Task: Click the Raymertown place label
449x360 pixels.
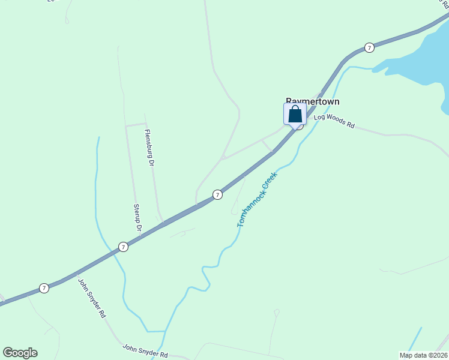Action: pyautogui.click(x=312, y=101)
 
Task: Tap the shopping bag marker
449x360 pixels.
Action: pyautogui.click(x=295, y=114)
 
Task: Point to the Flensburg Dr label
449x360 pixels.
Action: pyautogui.click(x=149, y=148)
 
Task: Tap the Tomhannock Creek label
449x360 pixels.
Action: pyautogui.click(x=257, y=199)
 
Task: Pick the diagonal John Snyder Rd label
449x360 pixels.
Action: pyautogui.click(x=92, y=297)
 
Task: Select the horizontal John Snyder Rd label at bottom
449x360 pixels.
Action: pyautogui.click(x=145, y=350)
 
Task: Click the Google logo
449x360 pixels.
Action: pyautogui.click(x=20, y=353)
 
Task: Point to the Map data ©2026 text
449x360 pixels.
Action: pyautogui.click(x=423, y=355)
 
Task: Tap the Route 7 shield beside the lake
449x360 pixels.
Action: pyautogui.click(x=370, y=47)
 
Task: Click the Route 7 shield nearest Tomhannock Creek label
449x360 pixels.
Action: pyautogui.click(x=217, y=194)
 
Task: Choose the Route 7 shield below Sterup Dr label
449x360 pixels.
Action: pyautogui.click(x=122, y=247)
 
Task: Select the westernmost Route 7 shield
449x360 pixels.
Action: pyautogui.click(x=44, y=288)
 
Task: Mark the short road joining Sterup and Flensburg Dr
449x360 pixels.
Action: pyautogui.click(x=135, y=125)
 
